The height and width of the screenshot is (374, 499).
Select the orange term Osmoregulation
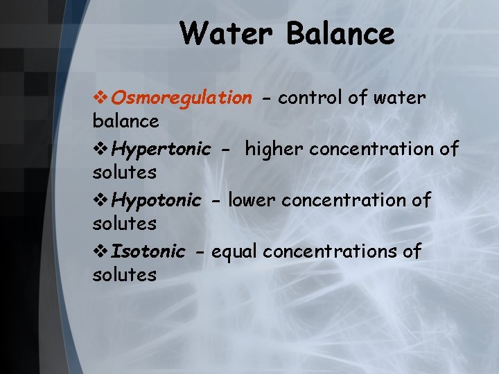[x=182, y=98]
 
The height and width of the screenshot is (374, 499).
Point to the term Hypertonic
[x=161, y=149]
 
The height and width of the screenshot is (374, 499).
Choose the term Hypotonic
[x=156, y=200]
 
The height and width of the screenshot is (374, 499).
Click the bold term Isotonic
[x=148, y=251]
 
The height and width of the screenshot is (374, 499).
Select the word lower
[x=252, y=200]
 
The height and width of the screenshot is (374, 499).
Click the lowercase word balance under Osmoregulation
[x=125, y=121]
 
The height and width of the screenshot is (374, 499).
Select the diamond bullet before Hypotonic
[x=101, y=201]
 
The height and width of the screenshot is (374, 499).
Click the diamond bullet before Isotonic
[x=101, y=251]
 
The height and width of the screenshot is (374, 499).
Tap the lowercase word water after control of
[x=399, y=98]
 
